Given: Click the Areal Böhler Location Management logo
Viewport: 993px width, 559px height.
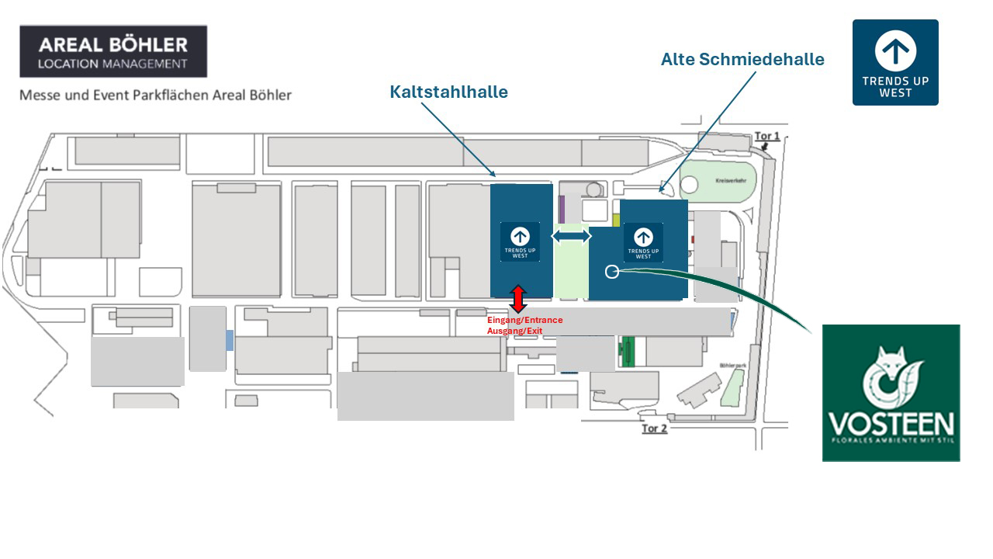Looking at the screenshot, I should tap(113, 51).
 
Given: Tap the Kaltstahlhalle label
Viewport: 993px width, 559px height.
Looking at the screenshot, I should tap(448, 92).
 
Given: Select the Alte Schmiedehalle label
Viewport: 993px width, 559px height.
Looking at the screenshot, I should tap(742, 59).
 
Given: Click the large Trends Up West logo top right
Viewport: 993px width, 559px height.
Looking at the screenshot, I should tap(895, 62).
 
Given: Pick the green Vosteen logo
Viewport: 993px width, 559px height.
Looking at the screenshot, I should tap(891, 393).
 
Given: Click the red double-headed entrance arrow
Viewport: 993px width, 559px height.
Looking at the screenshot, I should tap(518, 299).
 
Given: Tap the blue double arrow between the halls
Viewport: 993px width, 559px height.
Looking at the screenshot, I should tap(571, 235).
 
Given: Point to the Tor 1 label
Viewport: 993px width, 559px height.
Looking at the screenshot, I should tap(767, 137).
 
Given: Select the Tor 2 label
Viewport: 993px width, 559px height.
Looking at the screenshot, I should tap(654, 429).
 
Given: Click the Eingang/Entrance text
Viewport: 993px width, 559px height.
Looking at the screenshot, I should tap(524, 320).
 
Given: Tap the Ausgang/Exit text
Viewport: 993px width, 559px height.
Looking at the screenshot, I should tap(514, 331).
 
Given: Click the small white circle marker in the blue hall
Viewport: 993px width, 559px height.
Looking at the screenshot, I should tap(611, 271).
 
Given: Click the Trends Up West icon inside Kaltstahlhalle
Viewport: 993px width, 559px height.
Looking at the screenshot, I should tap(520, 241).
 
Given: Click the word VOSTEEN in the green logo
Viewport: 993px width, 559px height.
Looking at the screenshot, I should tap(891, 425).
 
